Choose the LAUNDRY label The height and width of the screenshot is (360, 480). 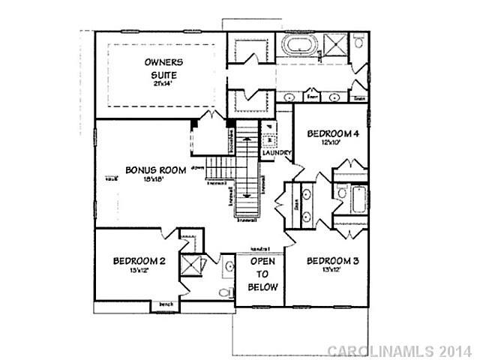coord(276,154)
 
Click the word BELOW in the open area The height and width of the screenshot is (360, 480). coord(264,287)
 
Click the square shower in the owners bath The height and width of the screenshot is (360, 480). coord(336,46)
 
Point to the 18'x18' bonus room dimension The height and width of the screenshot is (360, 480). coord(150,178)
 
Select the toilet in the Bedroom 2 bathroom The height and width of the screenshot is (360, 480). coord(223,292)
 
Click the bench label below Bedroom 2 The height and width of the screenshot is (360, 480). coord(165,304)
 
